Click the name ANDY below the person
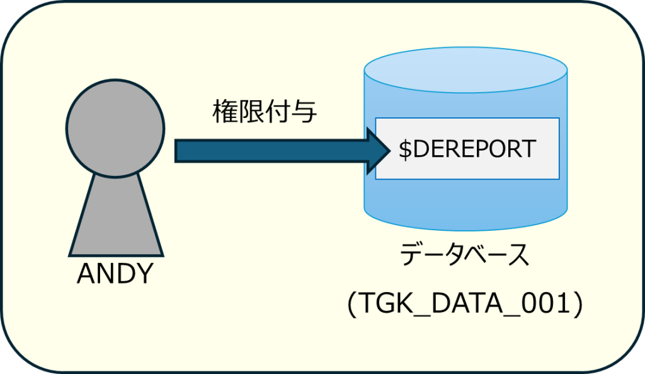point(115,273)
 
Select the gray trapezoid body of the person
point(115,214)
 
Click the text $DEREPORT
point(467,149)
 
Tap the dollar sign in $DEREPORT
point(405,149)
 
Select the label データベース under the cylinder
point(465,258)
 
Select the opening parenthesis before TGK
point(351,304)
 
